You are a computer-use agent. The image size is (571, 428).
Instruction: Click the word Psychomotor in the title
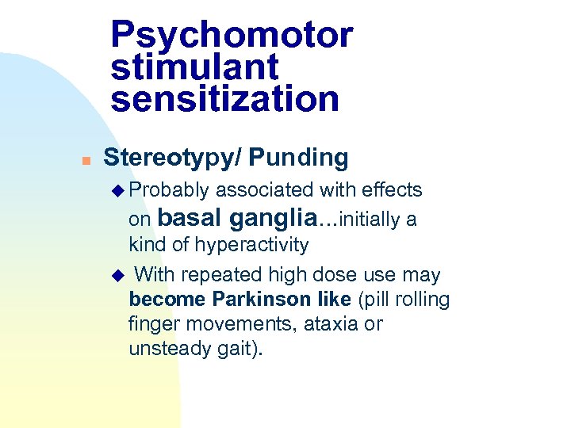click(x=232, y=35)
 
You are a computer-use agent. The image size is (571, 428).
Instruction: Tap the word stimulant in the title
click(x=195, y=67)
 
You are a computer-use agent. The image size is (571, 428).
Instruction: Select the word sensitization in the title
click(x=224, y=99)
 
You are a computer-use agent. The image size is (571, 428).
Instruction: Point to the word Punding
click(x=298, y=158)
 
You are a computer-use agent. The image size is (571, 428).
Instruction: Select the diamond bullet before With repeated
click(x=119, y=276)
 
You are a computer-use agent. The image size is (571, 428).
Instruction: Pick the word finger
click(x=150, y=324)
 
